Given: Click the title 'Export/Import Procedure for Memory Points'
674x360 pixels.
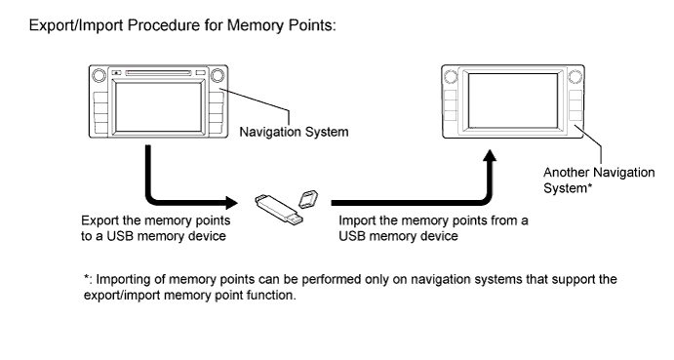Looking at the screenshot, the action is [182, 25].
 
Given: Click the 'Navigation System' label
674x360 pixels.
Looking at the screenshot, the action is [294, 132].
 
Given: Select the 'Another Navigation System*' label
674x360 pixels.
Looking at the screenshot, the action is [599, 180].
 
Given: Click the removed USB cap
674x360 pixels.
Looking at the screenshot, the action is [308, 199].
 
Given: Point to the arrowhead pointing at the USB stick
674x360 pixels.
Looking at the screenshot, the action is [232, 203].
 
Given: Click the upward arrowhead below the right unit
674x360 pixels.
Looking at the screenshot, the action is [490, 155].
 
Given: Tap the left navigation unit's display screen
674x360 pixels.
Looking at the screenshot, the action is [159, 107].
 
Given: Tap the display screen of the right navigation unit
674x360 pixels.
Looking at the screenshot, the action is [513, 100].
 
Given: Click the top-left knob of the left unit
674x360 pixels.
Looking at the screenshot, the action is [99, 75].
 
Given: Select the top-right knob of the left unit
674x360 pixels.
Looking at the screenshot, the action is [218, 75].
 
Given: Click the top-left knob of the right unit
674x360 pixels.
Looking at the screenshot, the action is [451, 76].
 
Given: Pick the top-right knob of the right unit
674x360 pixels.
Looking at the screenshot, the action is [575, 76].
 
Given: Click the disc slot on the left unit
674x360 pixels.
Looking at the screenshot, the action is [158, 73].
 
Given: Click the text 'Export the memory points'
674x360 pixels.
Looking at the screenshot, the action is [156, 220].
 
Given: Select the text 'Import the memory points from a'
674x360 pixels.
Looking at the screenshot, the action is [433, 220].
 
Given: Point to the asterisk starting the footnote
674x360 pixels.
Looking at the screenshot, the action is [87, 277].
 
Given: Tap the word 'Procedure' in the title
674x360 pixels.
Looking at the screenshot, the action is [164, 25].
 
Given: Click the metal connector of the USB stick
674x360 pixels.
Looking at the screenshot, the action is [296, 220].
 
